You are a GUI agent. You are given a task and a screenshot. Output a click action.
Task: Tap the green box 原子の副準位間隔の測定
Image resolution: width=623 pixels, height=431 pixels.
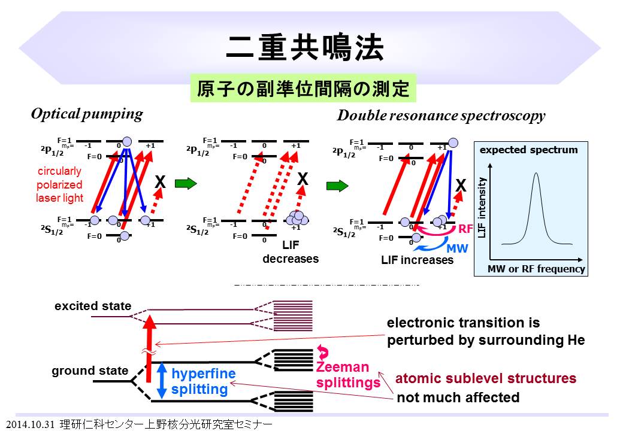(303, 89)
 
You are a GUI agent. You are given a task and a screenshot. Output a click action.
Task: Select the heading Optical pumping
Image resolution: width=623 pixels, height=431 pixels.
(87, 114)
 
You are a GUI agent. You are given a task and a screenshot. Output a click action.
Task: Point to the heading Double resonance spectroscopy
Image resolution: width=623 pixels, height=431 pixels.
(441, 116)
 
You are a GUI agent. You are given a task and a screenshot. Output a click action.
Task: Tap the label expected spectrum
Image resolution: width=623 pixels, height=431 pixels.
(529, 150)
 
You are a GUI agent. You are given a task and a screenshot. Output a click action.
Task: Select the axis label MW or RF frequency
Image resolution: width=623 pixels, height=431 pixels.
(536, 269)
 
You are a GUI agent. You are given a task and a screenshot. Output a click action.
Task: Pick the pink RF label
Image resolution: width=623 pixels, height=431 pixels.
(465, 228)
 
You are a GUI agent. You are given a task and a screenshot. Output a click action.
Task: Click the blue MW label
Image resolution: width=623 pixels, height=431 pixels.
(452, 246)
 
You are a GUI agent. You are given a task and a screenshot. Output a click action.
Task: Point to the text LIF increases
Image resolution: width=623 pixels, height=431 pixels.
(417, 260)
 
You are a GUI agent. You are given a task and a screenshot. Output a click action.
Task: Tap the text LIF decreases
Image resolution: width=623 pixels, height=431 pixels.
(291, 253)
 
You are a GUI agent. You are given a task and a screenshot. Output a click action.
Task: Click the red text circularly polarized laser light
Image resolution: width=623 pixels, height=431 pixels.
(59, 184)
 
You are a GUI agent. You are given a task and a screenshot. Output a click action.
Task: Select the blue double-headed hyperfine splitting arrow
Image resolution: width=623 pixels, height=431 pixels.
(161, 381)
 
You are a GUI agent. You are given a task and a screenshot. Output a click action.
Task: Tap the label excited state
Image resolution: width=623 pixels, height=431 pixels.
(93, 306)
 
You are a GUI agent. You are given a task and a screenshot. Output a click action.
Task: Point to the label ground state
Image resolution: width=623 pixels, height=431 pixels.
(90, 371)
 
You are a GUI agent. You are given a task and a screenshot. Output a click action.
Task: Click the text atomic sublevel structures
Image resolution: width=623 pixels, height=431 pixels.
(486, 378)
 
